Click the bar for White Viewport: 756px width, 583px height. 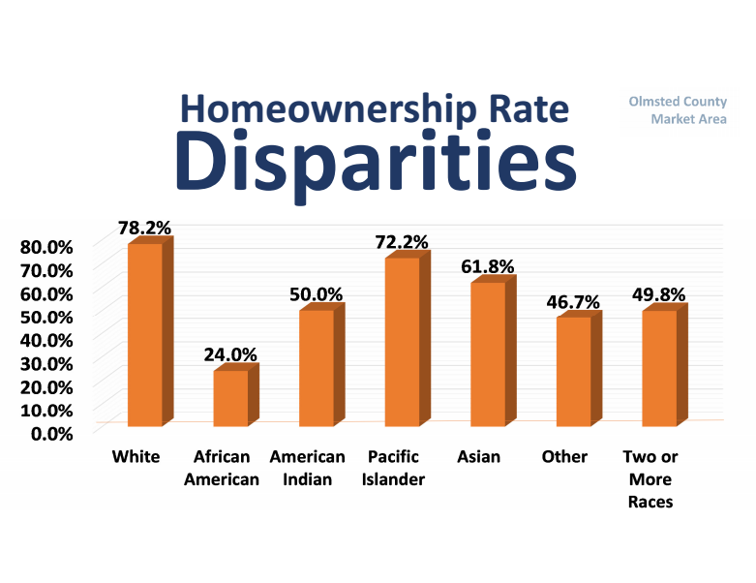145,334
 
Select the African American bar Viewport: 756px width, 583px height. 230,398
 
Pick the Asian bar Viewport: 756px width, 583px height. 488,353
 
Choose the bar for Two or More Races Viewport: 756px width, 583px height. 659,368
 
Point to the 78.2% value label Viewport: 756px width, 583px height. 144,229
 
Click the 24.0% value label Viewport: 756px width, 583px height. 229,354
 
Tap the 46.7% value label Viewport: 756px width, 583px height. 573,302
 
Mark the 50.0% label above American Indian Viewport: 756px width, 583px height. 316,293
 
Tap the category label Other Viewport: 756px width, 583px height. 564,456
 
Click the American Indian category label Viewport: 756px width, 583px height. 307,468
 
